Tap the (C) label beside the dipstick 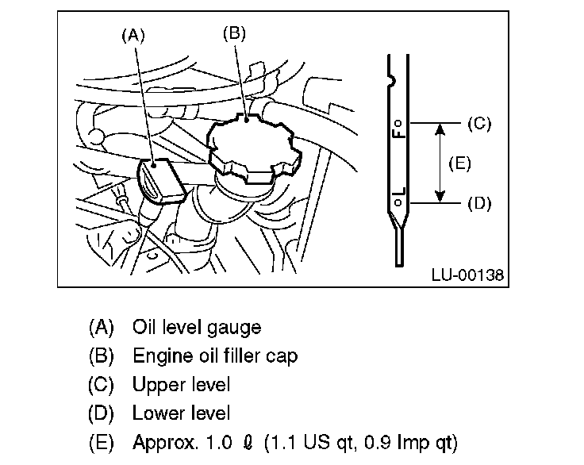(x=479, y=124)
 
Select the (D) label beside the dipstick (x=479, y=203)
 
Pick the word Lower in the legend (x=155, y=413)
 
